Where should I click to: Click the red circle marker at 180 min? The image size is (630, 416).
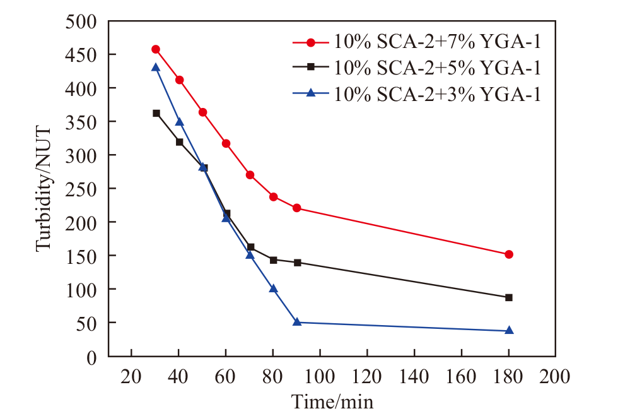click(x=509, y=254)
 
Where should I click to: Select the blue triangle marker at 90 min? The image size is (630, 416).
click(x=297, y=322)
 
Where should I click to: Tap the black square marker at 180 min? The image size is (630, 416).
click(x=509, y=297)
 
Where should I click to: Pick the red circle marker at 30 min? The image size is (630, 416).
click(x=156, y=49)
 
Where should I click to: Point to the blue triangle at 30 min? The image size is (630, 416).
click(x=156, y=67)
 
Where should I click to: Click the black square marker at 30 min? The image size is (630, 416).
click(x=156, y=113)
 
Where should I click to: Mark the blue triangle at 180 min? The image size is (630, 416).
click(x=509, y=330)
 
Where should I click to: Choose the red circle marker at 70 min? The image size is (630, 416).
click(x=250, y=175)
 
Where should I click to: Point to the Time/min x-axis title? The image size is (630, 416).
click(x=332, y=401)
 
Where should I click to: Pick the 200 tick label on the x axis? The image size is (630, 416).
click(x=556, y=377)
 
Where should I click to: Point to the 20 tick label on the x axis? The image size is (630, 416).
click(x=131, y=377)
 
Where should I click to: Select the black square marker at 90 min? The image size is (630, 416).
click(x=297, y=263)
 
